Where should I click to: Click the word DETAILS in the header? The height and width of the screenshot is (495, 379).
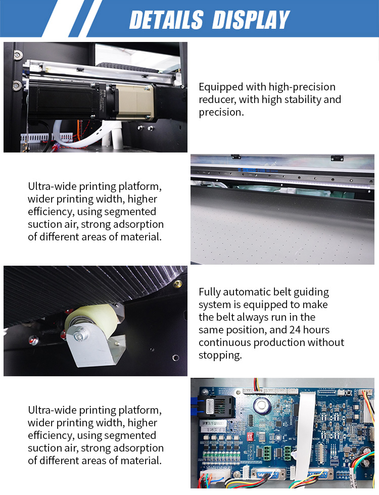click(166, 20)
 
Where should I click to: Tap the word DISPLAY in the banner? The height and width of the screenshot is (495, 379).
click(251, 20)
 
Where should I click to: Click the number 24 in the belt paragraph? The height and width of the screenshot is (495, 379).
click(295, 330)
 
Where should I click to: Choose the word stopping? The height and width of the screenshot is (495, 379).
click(220, 356)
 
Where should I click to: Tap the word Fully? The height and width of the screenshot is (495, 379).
click(210, 292)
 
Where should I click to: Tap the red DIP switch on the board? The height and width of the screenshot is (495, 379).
click(251, 437)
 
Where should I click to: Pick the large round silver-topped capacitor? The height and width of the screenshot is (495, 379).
click(262, 405)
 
